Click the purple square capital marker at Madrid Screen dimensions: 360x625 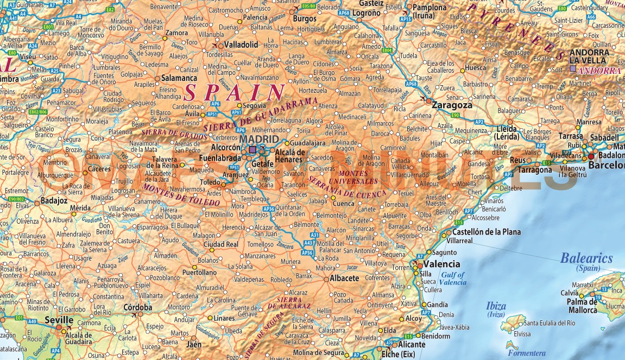coord(253,149)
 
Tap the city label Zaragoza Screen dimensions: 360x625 coord(452,105)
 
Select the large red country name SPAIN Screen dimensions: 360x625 coord(235,92)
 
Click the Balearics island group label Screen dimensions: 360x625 coord(586,258)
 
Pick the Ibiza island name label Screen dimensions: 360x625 coord(496,306)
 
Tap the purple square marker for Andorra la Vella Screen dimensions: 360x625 coord(572,69)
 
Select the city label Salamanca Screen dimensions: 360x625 coord(179,78)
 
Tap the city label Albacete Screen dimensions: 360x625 coord(344,278)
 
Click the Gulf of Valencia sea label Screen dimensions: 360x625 coord(453,279)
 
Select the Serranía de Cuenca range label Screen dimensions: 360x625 coord(347,186)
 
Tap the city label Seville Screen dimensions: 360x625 coord(59,320)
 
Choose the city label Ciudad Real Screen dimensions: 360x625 coord(221,244)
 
